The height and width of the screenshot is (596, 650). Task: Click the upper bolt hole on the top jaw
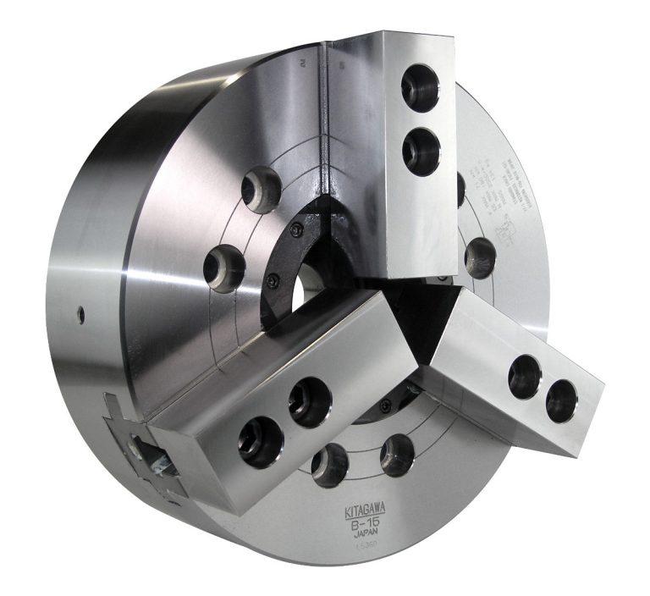(420, 88)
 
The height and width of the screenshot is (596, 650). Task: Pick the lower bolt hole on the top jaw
(421, 152)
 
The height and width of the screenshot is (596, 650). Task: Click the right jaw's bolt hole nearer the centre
(525, 376)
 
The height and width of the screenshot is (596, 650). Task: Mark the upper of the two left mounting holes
(262, 188)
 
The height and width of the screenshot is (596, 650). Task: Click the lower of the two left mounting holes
(224, 268)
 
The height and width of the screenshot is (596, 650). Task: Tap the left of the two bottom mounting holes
(330, 465)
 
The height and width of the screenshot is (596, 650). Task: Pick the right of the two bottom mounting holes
(396, 455)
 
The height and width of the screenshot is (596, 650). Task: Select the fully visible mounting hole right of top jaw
(480, 257)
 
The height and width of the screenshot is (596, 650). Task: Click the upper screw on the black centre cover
(297, 230)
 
